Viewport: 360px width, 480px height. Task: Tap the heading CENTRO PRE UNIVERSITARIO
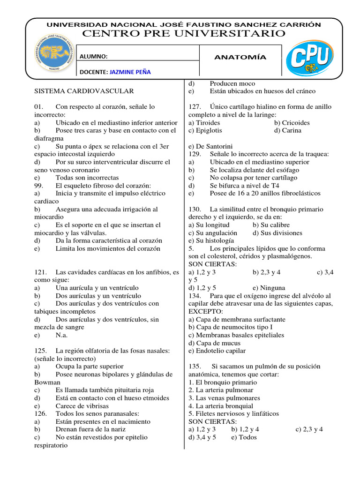pos(183,33)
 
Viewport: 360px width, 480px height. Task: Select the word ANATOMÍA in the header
pos(240,57)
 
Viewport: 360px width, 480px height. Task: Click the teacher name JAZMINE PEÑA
pos(130,72)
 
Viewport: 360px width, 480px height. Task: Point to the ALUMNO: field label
pos(94,57)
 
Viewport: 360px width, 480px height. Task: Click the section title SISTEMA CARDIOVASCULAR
pos(84,91)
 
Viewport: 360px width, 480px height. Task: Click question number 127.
pos(195,107)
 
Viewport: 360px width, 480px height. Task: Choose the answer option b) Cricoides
pos(292,123)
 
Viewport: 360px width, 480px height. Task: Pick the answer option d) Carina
pos(287,130)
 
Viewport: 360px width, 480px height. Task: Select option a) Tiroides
pos(204,123)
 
